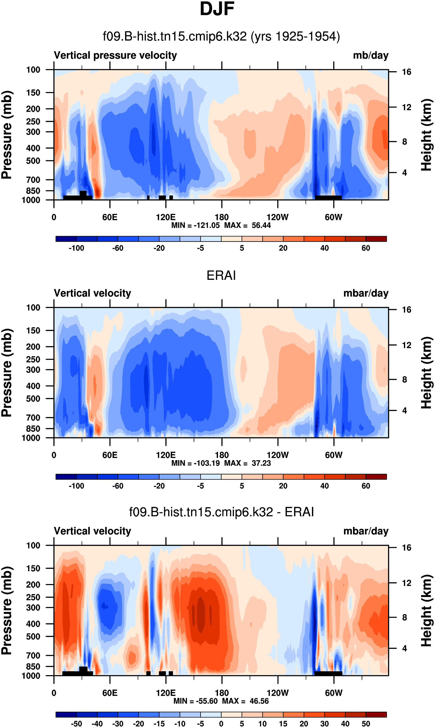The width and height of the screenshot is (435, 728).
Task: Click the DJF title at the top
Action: pos(217,9)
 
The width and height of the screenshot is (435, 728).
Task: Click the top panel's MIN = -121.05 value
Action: pos(195,225)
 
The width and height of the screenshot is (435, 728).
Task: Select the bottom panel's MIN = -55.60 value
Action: pos(195,701)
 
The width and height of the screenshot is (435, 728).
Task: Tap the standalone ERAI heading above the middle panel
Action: pos(221,276)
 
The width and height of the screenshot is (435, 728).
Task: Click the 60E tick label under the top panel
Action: pos(110,217)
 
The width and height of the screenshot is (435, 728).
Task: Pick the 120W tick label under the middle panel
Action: pos(277,455)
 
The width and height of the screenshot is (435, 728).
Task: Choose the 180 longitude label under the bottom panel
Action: pos(222,693)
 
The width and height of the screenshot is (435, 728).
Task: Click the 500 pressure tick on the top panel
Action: pos(33,161)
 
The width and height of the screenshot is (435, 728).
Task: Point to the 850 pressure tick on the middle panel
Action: pos(33,429)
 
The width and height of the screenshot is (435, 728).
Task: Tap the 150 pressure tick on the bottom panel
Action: pos(33,568)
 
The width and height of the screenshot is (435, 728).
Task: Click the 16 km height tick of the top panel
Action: pos(406,72)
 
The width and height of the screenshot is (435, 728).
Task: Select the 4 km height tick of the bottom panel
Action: pos(404,648)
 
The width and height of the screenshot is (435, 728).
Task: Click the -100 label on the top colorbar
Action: pos(76,248)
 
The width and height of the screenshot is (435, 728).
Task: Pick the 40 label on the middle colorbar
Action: pos(324,486)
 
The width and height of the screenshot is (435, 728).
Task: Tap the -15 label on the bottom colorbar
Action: pos(159,724)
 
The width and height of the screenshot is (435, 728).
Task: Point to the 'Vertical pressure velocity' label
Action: pos(115,55)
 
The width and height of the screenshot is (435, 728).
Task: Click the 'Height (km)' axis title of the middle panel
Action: pos(426,372)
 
